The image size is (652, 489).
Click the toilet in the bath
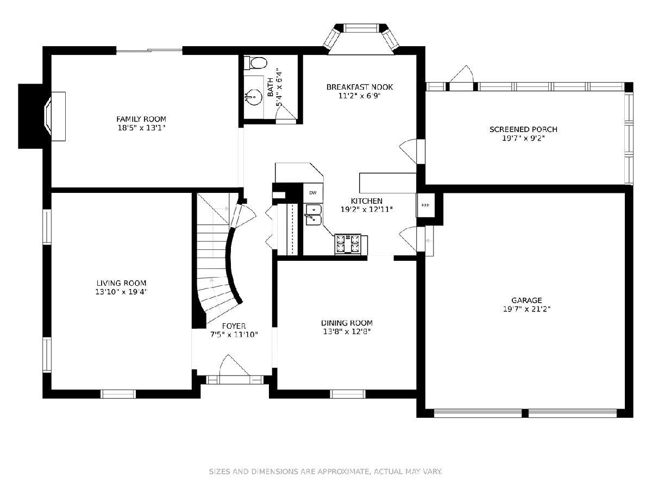point(255,62)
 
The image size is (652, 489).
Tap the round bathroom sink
point(255,97)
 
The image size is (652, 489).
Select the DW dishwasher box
point(313,193)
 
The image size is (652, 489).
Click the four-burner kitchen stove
point(348,244)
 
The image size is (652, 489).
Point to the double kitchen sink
point(314,215)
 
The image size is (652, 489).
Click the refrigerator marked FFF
point(425,205)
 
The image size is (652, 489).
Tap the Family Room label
point(141,119)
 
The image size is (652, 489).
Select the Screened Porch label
point(523,129)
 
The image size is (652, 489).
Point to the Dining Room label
point(347,323)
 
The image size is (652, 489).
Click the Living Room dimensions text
point(121,292)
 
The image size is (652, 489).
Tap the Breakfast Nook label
point(360,87)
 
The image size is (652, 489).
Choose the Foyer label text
point(234,326)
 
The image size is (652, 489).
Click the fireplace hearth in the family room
point(58,116)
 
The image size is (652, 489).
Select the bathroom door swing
point(286,113)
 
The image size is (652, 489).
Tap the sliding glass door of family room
point(149,51)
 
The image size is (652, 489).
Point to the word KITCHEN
point(367,201)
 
